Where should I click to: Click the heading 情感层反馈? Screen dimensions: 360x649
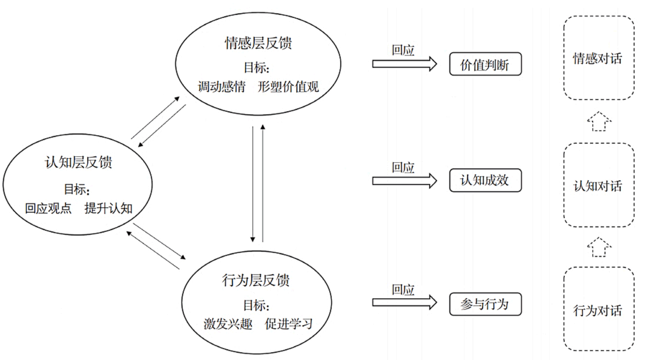coord(258,44)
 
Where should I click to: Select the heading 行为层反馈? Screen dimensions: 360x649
coord(256,280)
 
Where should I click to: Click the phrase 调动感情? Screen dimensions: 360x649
coord(222,86)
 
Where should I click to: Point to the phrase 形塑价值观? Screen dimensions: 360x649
coord(288,86)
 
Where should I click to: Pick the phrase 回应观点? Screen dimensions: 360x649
coord(48,208)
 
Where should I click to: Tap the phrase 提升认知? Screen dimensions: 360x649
coord(108,208)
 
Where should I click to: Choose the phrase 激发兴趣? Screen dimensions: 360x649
coord(228,325)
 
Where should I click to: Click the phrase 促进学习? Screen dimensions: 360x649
coord(288,325)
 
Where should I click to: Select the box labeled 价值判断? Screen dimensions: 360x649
coord(485,64)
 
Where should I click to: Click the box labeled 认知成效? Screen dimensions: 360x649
coord(485,180)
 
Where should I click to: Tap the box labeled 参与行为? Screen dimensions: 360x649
coord(485,304)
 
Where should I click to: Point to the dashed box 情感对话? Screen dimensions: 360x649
coord(598,58)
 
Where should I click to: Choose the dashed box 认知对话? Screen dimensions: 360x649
coord(598,186)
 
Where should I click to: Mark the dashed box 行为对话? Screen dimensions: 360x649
coord(598,311)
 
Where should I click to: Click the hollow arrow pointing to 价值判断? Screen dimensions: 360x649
coord(404,64)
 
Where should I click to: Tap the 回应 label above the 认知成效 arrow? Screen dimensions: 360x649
coord(403,168)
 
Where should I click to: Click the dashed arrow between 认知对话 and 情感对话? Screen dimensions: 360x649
coord(598,121)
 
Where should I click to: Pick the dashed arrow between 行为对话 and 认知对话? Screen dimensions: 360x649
coord(598,246)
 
